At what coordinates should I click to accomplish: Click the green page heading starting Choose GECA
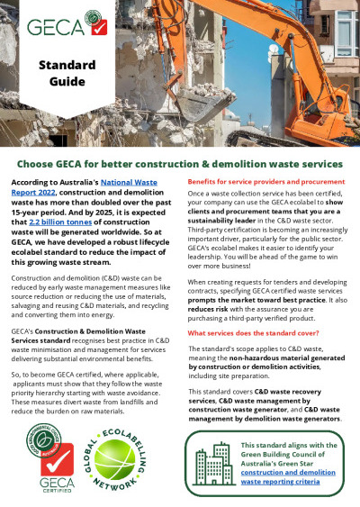click(180, 164)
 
